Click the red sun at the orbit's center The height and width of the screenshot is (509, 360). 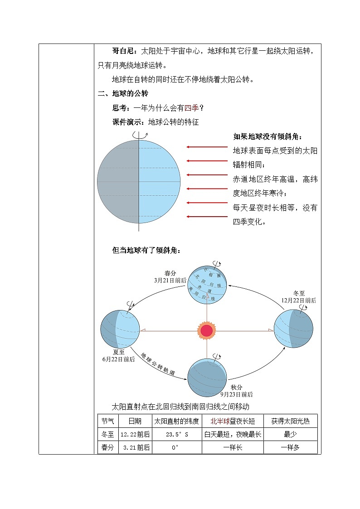coord(207,330)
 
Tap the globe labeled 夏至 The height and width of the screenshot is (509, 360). coord(120,330)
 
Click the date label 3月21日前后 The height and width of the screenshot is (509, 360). coord(170,281)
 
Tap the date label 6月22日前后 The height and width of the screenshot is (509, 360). coord(119,359)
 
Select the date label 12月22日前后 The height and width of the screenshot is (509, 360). coord(299,300)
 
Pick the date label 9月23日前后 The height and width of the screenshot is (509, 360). coord(237,394)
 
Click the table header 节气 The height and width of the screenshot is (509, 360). coord(108,421)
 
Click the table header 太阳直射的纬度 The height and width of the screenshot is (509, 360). coord(176,421)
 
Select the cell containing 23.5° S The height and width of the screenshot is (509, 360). coord(176,434)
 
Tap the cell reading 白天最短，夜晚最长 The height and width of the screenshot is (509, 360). coord(233,434)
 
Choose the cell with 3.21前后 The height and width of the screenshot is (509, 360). coord(135,448)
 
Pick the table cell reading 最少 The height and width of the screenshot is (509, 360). coord(290,434)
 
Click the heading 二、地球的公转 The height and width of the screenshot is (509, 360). coord(123,94)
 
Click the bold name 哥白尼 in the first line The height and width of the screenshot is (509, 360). coord(122,51)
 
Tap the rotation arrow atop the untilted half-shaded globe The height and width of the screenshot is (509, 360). coord(139,135)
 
